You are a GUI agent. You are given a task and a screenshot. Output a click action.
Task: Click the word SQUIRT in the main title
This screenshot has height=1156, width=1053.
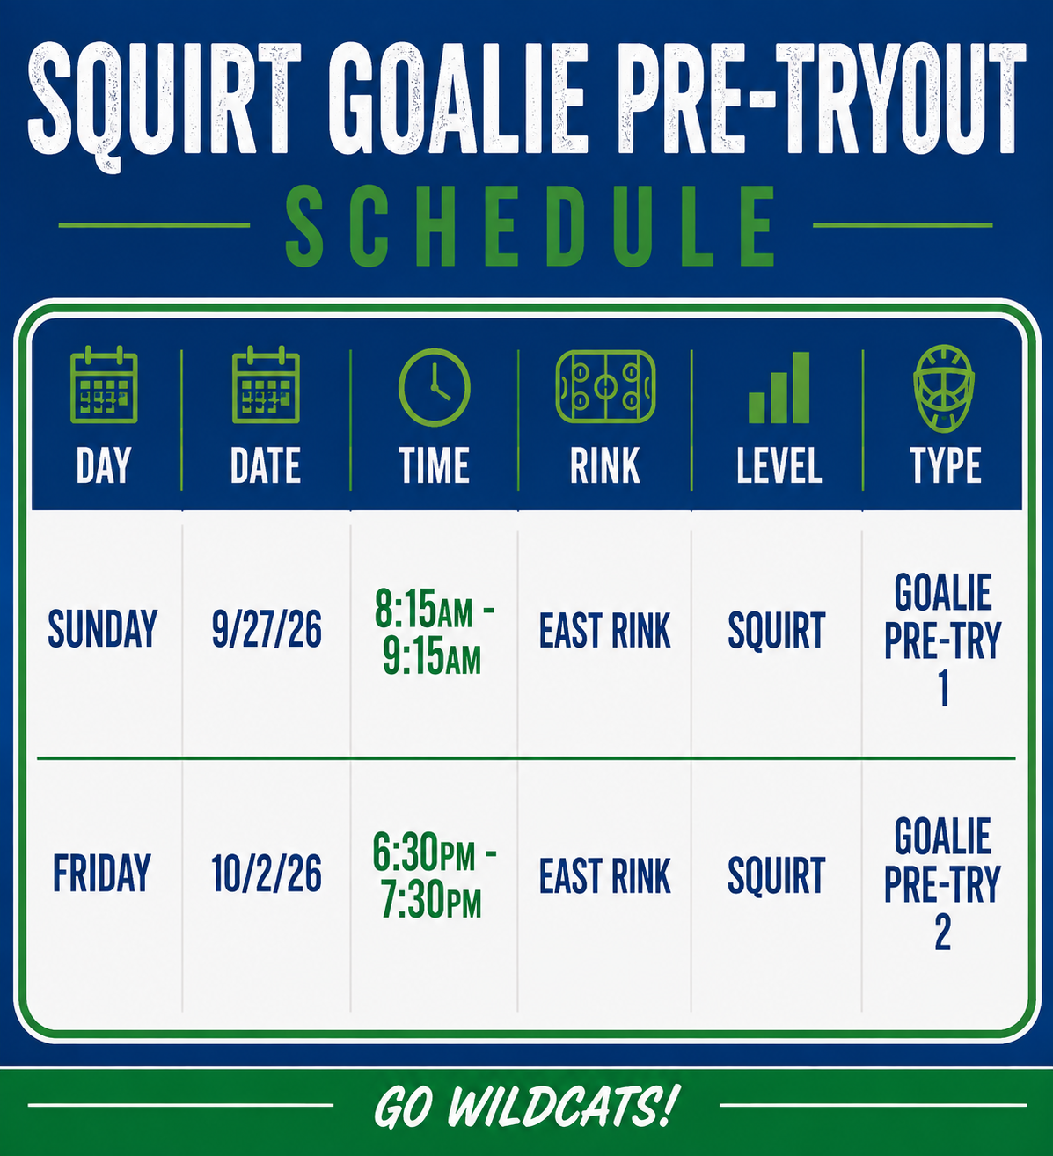coord(165,104)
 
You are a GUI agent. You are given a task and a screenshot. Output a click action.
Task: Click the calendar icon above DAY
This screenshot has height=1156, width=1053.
coord(104,385)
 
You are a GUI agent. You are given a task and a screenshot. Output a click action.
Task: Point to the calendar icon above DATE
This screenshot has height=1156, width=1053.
coord(266,385)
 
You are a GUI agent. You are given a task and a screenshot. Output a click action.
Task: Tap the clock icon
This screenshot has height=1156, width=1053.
coord(434,387)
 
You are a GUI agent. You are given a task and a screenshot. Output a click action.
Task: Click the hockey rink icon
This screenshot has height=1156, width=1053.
coord(605,386)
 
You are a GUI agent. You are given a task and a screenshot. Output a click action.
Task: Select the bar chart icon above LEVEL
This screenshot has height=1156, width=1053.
coord(779,387)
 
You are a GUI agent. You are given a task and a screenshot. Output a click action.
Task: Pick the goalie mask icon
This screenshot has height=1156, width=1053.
coord(944,388)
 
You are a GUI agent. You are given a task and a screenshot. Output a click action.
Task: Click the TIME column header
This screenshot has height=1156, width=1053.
coord(434,465)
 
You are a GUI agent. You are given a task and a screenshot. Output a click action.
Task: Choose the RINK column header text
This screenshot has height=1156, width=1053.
coord(604,465)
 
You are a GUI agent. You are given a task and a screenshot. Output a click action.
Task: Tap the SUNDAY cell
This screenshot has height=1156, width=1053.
coord(103,629)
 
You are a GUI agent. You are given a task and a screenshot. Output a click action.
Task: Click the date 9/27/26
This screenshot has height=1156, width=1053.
coord(267,629)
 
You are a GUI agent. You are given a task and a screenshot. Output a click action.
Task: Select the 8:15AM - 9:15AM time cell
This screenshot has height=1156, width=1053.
coord(434,632)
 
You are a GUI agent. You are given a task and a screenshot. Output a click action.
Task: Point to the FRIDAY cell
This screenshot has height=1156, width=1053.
coord(102,874)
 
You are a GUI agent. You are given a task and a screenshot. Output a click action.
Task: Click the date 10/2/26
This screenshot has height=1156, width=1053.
coord(267,874)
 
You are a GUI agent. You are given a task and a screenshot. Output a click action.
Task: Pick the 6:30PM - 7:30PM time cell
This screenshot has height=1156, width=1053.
coord(434,875)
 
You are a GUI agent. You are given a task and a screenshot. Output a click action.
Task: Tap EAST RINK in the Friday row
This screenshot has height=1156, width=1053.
coord(604,875)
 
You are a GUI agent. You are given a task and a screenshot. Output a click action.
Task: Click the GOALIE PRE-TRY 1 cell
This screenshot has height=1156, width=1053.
coord(943,640)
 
